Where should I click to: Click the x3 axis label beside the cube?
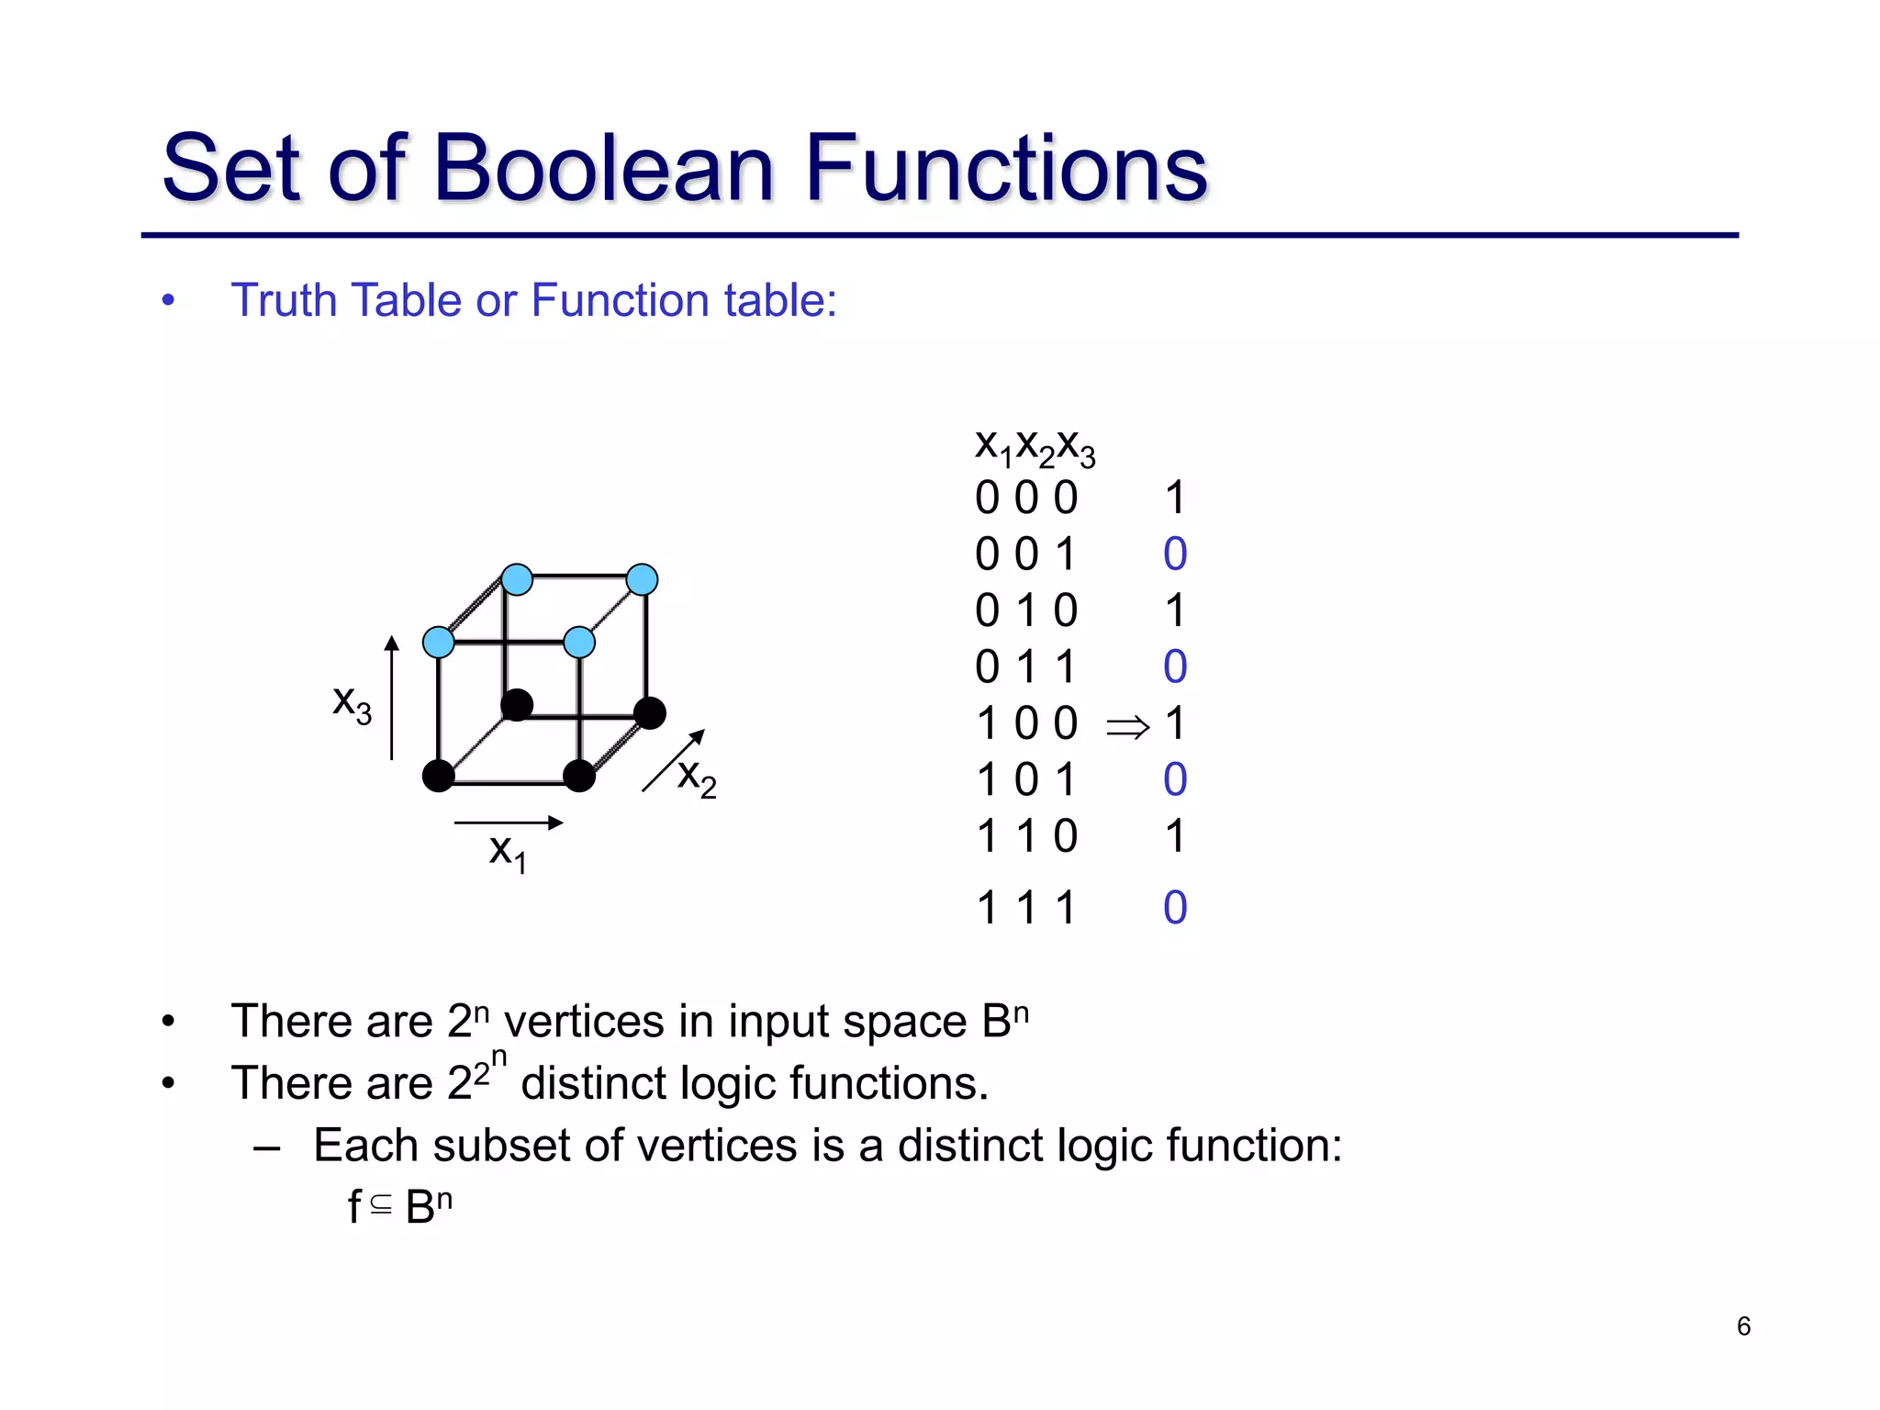click(352, 704)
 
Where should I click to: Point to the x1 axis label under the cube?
click(508, 852)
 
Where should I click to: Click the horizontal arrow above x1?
click(508, 822)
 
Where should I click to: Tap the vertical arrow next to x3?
click(392, 698)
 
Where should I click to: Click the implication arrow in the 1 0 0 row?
click(1127, 728)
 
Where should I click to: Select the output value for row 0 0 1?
click(1175, 554)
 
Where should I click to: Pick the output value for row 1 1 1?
click(1175, 908)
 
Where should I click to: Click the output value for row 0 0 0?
click(1175, 498)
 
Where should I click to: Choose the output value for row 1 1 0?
click(1175, 836)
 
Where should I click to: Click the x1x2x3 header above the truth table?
click(1035, 447)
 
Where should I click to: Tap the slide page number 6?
click(1743, 1326)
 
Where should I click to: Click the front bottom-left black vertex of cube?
click(439, 776)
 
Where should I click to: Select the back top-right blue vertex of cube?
click(642, 579)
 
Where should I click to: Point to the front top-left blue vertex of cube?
click(439, 642)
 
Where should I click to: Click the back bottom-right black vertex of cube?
click(650, 713)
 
